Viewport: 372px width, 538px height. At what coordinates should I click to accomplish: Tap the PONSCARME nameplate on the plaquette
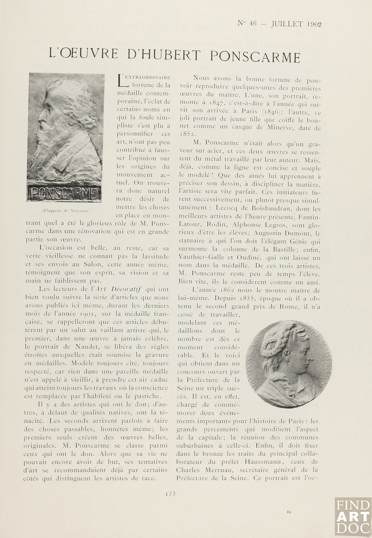[65, 193]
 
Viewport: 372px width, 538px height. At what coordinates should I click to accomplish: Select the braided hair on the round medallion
[272, 342]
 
